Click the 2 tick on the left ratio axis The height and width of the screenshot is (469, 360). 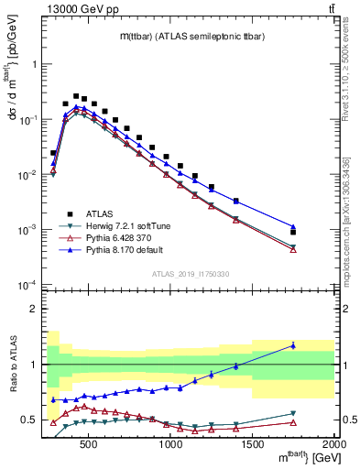[x=32, y=309]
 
